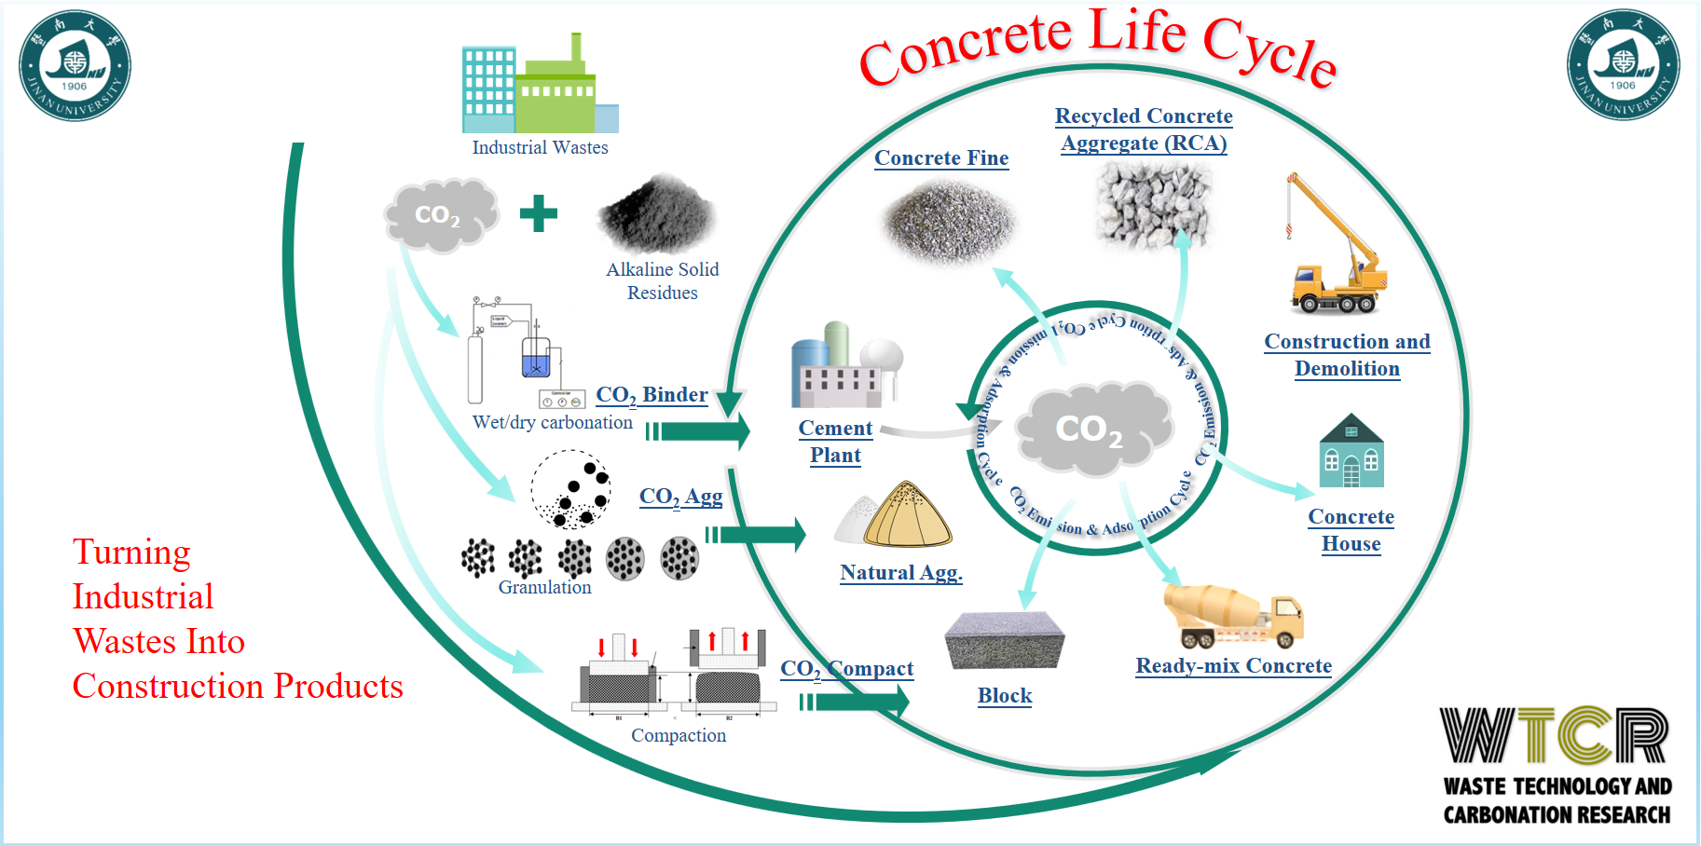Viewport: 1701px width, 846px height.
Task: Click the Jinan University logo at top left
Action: (75, 65)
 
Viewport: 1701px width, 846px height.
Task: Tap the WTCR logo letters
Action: (1555, 736)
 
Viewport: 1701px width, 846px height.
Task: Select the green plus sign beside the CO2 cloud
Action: (539, 213)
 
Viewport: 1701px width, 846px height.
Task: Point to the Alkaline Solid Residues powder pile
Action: (658, 214)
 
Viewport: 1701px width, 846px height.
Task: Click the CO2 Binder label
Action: (652, 395)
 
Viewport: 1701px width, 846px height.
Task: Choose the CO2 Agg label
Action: (680, 497)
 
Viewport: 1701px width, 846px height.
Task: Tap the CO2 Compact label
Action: (846, 669)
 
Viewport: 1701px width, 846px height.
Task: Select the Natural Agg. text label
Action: (900, 573)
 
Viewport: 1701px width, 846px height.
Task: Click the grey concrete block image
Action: (1004, 641)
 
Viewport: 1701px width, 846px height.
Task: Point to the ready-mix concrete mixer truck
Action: (1232, 616)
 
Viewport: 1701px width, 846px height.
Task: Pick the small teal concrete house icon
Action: (1351, 452)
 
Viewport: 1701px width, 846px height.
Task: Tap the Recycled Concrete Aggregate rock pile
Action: (1153, 205)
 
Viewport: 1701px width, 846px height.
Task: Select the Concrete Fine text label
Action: (941, 158)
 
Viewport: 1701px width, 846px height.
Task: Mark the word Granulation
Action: (544, 588)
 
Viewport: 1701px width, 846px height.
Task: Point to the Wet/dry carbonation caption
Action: (552, 422)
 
